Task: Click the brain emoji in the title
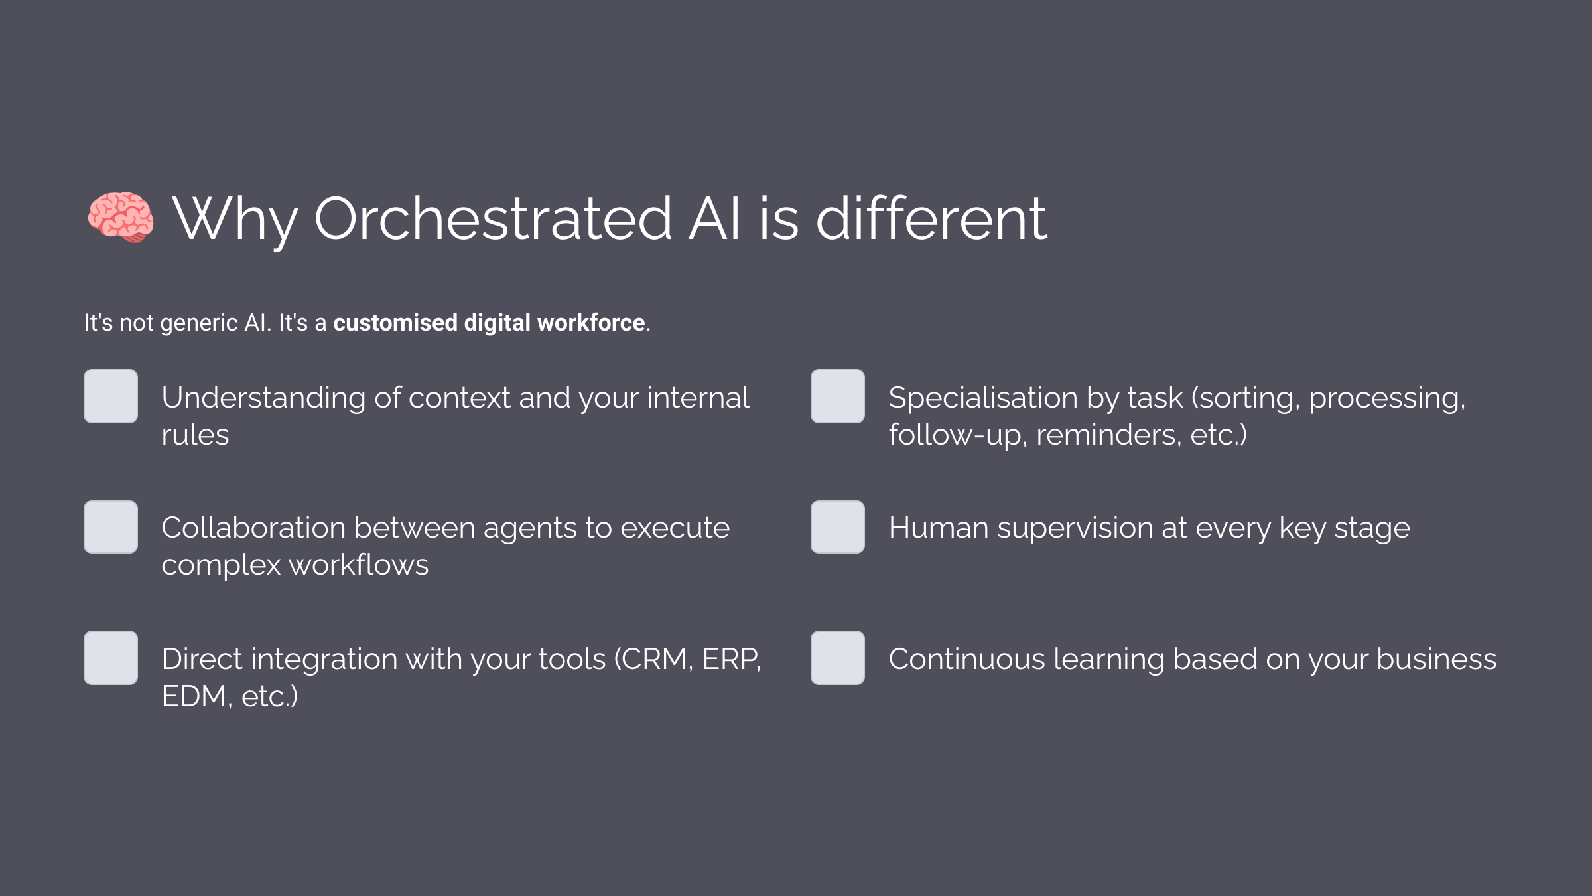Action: pyautogui.click(x=121, y=217)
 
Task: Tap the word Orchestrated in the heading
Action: pyautogui.click(x=493, y=218)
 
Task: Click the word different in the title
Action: pyautogui.click(x=931, y=218)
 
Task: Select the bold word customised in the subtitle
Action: pyautogui.click(x=395, y=323)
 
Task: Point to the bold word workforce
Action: pyautogui.click(x=591, y=323)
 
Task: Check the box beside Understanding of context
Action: pyautogui.click(x=111, y=396)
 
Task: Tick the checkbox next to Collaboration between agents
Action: pyautogui.click(x=111, y=527)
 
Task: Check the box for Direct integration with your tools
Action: pyautogui.click(x=111, y=658)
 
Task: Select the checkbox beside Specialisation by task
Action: pyautogui.click(x=838, y=396)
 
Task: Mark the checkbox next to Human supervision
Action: pyautogui.click(x=838, y=527)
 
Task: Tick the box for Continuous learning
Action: pyautogui.click(x=838, y=658)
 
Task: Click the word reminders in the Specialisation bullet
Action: pyautogui.click(x=1108, y=435)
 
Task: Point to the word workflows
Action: pyautogui.click(x=358, y=565)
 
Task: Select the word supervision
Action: pyautogui.click(x=1083, y=528)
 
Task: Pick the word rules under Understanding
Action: pyautogui.click(x=195, y=435)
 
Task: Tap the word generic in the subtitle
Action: pyautogui.click(x=199, y=323)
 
